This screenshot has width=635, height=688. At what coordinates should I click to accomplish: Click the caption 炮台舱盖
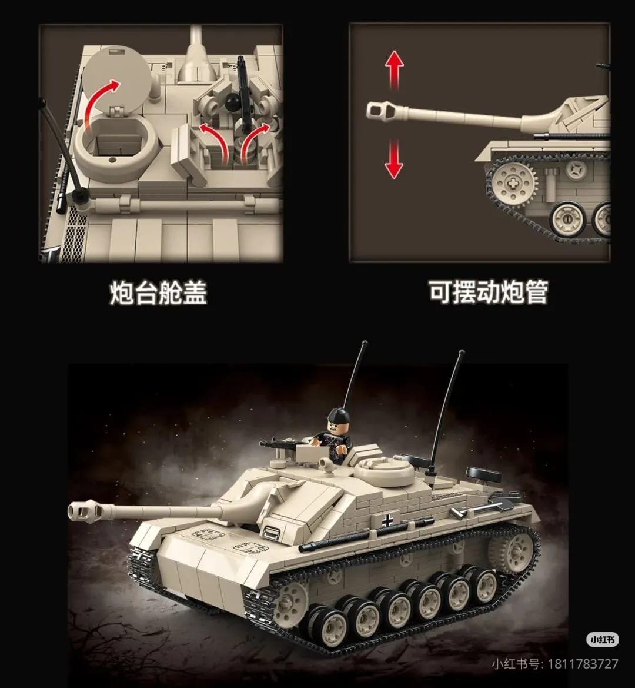click(x=158, y=293)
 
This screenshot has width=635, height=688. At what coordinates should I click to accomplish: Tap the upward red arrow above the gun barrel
click(x=395, y=70)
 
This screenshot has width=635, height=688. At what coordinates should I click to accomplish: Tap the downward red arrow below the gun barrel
click(x=394, y=159)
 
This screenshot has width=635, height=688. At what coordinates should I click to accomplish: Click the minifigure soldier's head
click(x=338, y=420)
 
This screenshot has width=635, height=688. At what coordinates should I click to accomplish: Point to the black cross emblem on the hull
click(x=387, y=521)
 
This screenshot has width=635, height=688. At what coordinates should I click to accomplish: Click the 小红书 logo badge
click(x=603, y=640)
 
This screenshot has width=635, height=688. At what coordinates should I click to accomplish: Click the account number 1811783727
click(x=583, y=664)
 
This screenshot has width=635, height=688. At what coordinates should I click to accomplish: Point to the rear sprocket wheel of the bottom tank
click(x=513, y=553)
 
